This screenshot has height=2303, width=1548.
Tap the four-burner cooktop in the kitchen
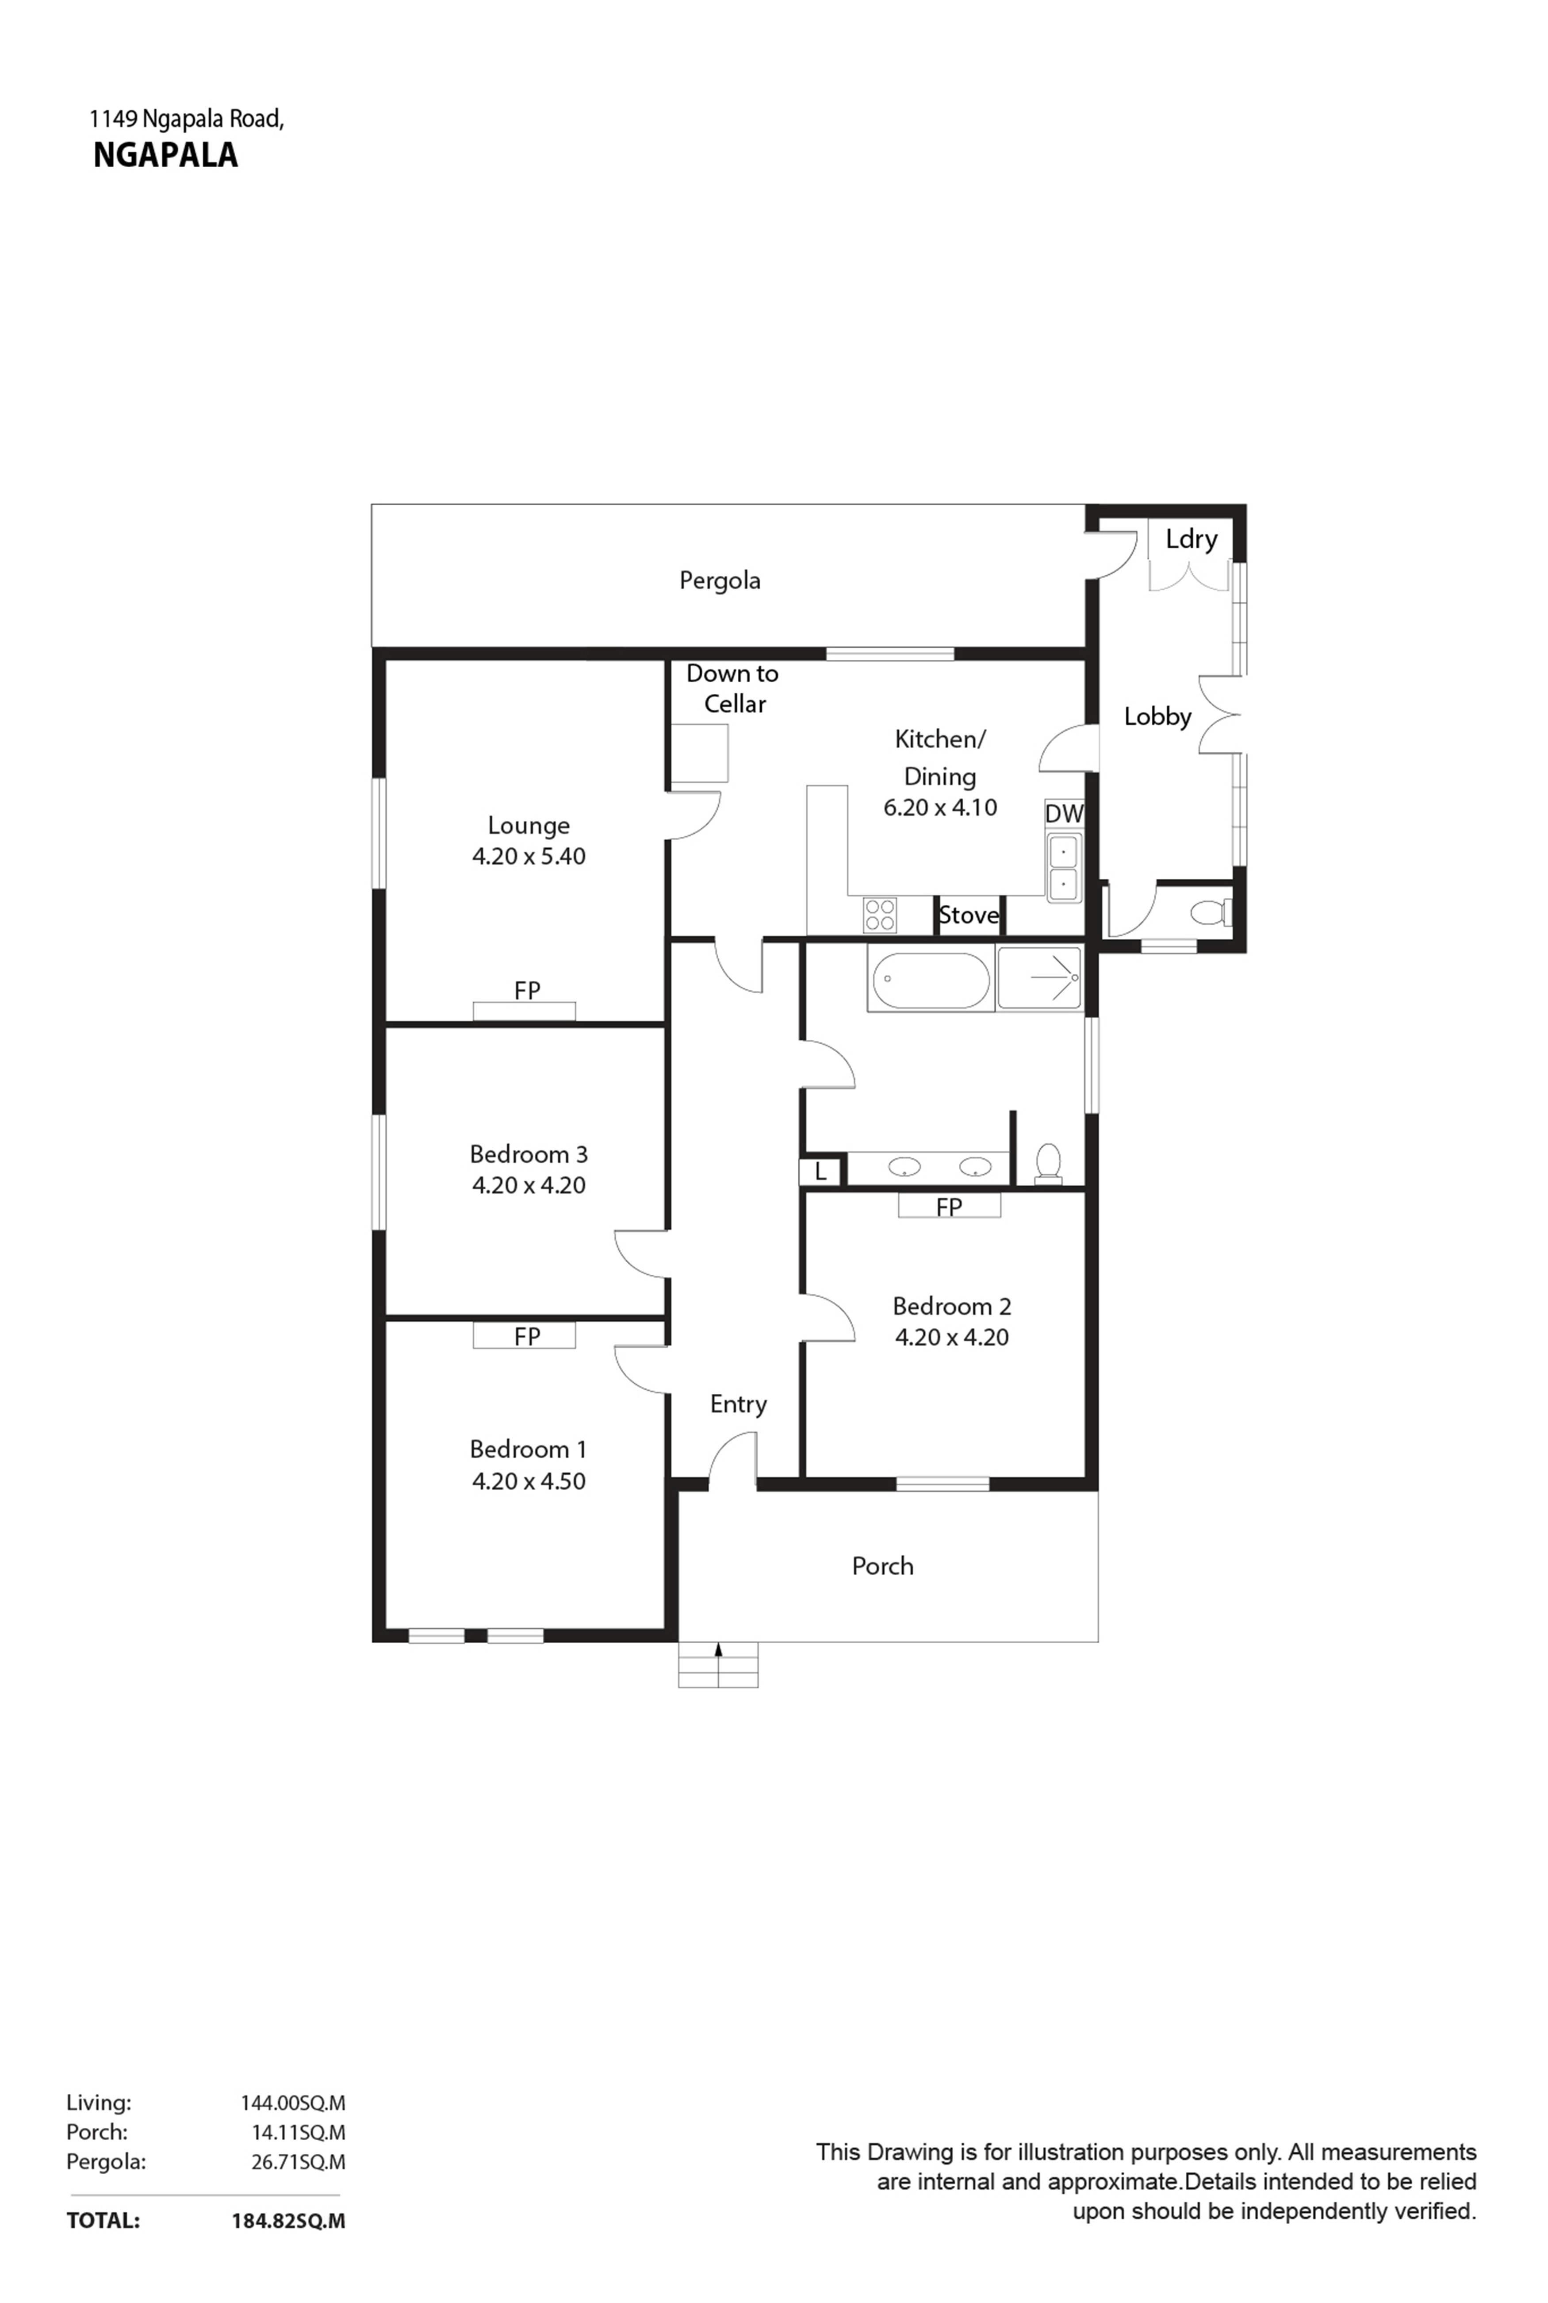pos(880,915)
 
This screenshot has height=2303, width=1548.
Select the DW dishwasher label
pos(1064,814)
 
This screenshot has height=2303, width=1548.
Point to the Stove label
pos(969,915)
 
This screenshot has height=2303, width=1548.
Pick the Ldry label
pos(1192,539)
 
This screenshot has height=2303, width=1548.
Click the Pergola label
pos(720,581)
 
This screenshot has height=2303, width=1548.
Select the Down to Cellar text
pos(732,688)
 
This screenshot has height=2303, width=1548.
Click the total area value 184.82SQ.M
pos(288,2221)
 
